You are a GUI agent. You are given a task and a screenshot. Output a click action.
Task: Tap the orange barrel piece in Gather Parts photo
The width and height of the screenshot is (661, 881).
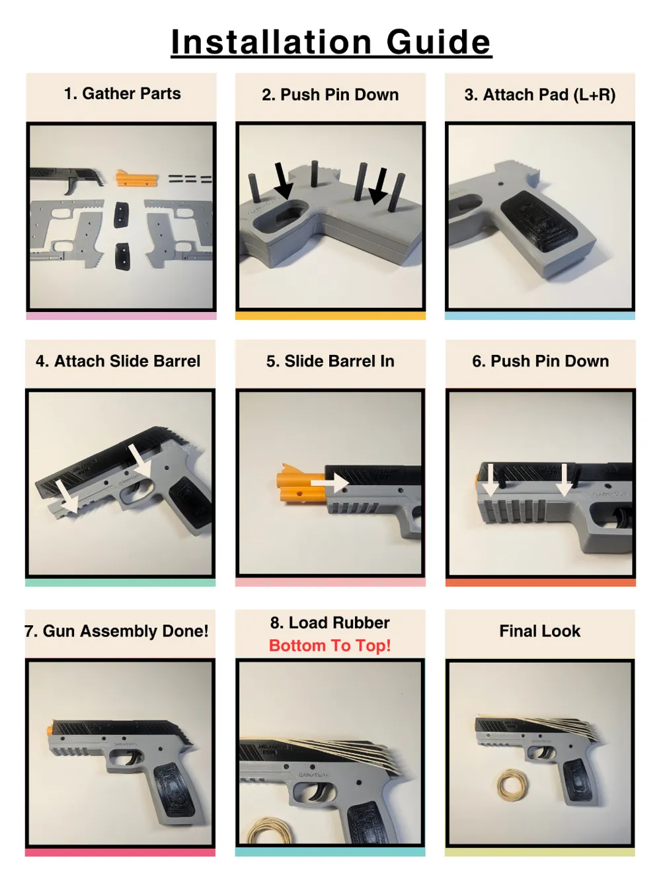[x=137, y=177]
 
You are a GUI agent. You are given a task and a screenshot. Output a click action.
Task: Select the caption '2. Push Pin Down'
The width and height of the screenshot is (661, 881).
[x=330, y=95]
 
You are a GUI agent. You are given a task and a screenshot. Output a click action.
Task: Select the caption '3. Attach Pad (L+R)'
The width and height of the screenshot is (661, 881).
[x=539, y=95]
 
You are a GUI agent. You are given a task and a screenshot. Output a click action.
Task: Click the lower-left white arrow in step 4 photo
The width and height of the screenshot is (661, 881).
[x=65, y=495]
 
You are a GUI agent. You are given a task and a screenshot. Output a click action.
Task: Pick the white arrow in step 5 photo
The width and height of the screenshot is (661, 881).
[x=330, y=482]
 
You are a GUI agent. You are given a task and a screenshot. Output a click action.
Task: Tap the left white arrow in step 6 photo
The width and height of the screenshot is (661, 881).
[x=490, y=480]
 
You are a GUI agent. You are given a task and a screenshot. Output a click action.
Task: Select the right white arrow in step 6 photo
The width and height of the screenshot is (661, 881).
[x=564, y=480]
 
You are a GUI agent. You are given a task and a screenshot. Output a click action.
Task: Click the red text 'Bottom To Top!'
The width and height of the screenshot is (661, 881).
[x=330, y=646]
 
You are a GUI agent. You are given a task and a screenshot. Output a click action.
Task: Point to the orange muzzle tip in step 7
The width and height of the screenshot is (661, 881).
[x=49, y=730]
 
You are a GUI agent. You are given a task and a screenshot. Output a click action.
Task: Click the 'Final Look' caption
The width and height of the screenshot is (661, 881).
[x=539, y=631]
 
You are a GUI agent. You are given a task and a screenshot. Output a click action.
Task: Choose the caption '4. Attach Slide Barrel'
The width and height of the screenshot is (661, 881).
[x=118, y=362]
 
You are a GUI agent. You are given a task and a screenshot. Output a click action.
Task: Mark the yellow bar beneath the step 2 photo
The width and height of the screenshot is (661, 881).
[x=330, y=316]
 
